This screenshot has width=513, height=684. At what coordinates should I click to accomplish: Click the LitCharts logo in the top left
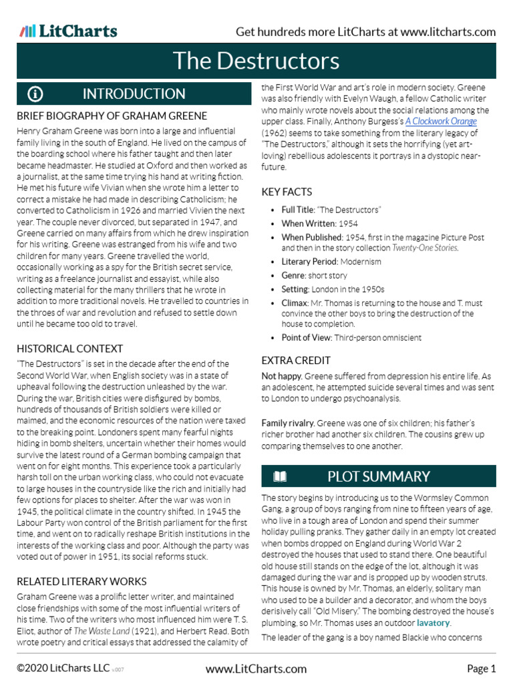coord(68,31)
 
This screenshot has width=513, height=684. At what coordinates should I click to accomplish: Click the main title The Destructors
coord(256,61)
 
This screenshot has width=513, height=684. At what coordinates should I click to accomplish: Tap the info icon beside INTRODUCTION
coord(35,94)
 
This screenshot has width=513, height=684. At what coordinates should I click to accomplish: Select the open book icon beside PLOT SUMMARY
coord(280,476)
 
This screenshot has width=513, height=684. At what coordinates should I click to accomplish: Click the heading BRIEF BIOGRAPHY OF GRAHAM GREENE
coord(112,116)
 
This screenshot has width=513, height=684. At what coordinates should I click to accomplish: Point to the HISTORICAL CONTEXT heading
coord(69,349)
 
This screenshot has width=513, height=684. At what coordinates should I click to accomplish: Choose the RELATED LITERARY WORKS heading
coord(81,581)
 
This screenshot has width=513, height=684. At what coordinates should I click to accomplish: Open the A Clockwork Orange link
coord(441,122)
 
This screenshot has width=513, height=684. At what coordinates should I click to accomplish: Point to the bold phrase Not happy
coord(279,376)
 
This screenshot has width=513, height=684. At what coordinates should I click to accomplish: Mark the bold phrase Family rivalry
coord(288,423)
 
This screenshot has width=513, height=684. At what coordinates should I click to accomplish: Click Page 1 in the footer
coord(481,669)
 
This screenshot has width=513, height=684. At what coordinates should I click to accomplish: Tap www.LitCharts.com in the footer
coord(256,669)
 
